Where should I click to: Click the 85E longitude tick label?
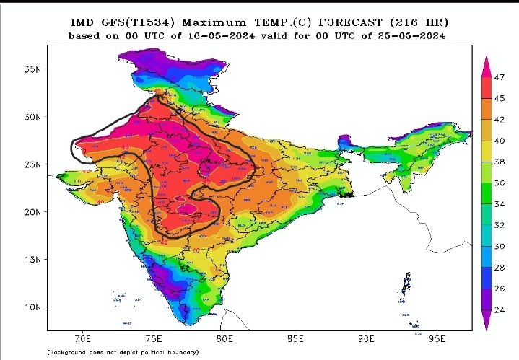click(x=295, y=337)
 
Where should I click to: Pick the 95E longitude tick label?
click(x=437, y=337)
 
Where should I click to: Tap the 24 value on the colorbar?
click(x=500, y=309)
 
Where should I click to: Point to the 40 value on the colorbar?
click(x=500, y=141)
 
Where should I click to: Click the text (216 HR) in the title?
click(x=417, y=22)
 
